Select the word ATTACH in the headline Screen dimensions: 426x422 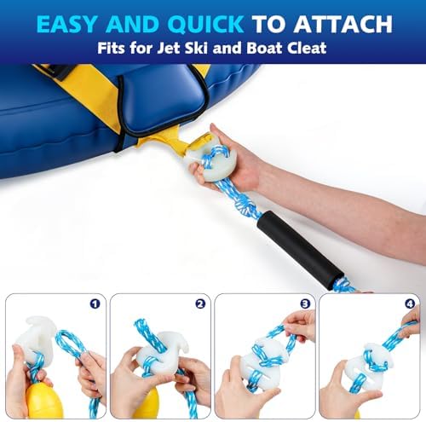point(343,24)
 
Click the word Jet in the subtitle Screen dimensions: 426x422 point(169,48)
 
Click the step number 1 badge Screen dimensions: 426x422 point(95,304)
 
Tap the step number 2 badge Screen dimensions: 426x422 point(200,304)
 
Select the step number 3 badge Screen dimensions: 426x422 point(305,304)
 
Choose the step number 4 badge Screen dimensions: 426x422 point(410,304)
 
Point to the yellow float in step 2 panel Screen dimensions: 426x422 point(147,403)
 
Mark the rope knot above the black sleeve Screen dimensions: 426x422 point(245,205)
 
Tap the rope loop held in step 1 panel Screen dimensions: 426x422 point(69,343)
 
